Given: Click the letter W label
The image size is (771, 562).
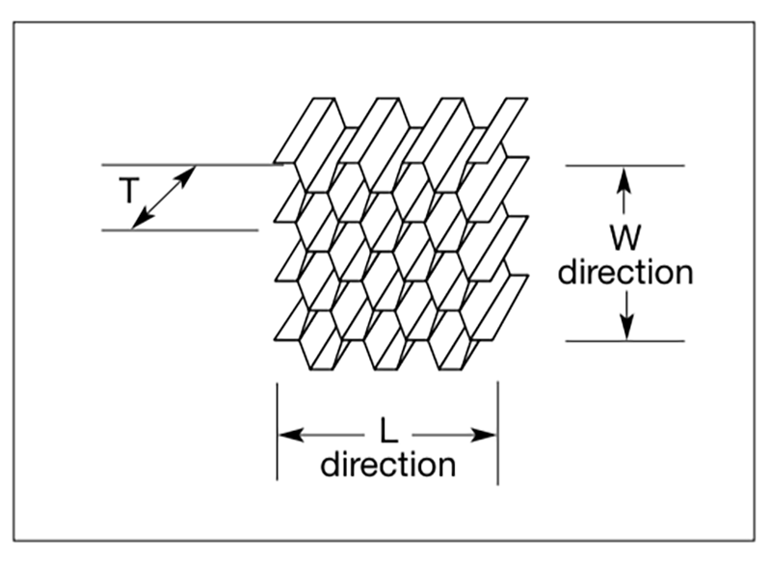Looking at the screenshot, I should coord(625,237).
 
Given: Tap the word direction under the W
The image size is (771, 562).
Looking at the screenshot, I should coord(625,272).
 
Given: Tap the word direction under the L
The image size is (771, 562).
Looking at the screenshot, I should coord(387,465).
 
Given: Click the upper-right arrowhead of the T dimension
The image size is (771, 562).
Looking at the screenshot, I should coord(189,174).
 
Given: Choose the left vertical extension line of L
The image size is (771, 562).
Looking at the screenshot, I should coord(278,434).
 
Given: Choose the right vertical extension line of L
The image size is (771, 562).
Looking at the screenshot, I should coord(497,434).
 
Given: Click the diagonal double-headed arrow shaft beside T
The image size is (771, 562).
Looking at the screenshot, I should coord(164,198).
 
